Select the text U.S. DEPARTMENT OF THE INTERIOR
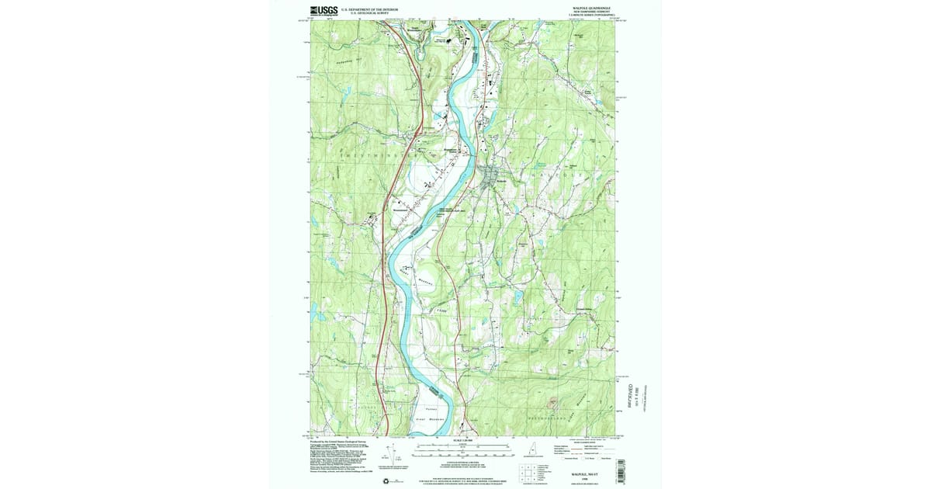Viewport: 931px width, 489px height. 364,9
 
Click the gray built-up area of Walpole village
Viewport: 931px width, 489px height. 490,178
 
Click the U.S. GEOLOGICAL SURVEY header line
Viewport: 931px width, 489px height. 364,13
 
